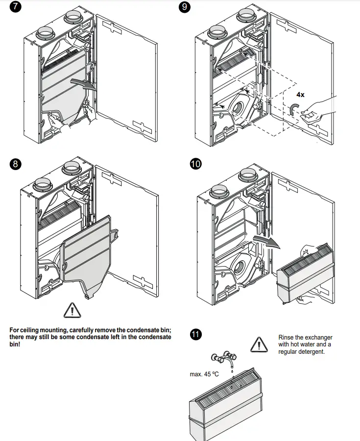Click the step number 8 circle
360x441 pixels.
pos(15,164)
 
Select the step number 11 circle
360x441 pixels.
pos(195,335)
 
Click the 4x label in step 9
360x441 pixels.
pos(300,95)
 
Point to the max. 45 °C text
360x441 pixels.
pos(204,374)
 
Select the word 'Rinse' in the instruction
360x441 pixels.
pos(287,338)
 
